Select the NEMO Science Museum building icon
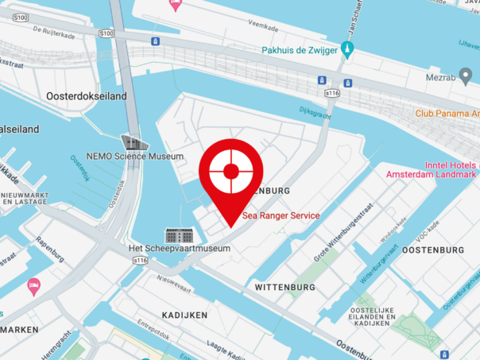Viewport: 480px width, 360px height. pos(135,142)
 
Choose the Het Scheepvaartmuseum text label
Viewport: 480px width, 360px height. pos(180,249)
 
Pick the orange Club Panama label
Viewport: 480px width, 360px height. pos(447,114)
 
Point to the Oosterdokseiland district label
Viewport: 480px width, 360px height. pos(76,118)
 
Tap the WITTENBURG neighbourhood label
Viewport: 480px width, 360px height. pos(285,286)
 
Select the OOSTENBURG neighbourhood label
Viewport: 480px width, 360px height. pos(433,250)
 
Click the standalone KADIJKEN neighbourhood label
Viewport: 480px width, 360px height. pos(184,315)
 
